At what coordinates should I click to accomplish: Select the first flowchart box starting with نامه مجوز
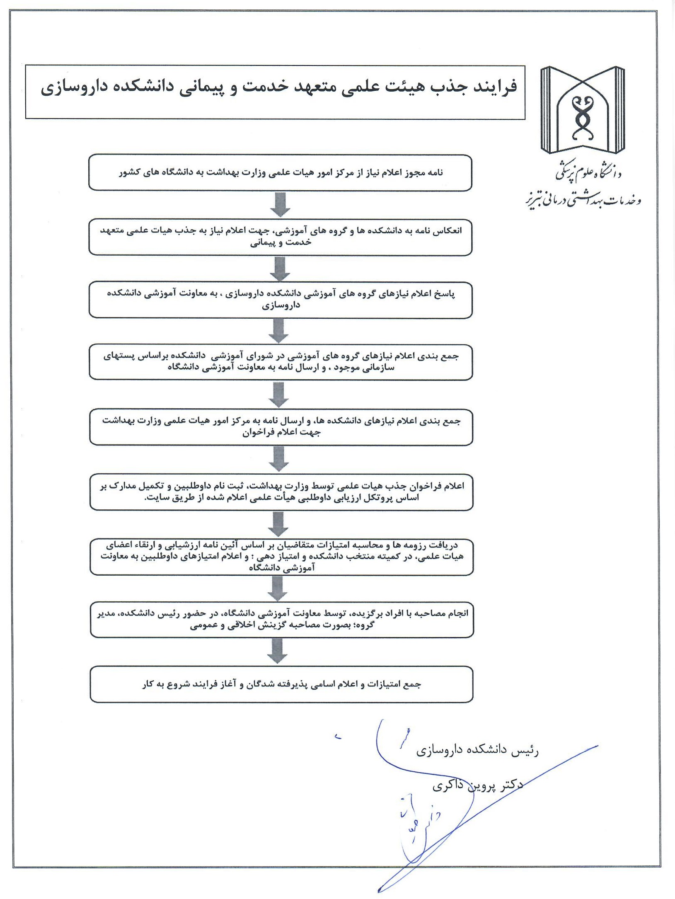coord(280,173)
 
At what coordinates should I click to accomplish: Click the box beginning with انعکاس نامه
coord(280,237)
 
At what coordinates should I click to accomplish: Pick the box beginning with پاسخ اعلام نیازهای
coord(280,300)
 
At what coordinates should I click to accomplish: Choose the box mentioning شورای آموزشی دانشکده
coord(281,362)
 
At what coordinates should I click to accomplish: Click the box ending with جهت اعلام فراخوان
coord(281,427)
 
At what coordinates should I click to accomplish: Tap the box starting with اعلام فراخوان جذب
coord(281,492)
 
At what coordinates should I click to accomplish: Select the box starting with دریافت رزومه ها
coord(281,557)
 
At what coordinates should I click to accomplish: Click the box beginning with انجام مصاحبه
coord(281,619)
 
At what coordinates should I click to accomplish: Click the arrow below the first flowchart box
coord(280,204)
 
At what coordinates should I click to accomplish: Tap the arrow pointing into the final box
coord(277,651)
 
